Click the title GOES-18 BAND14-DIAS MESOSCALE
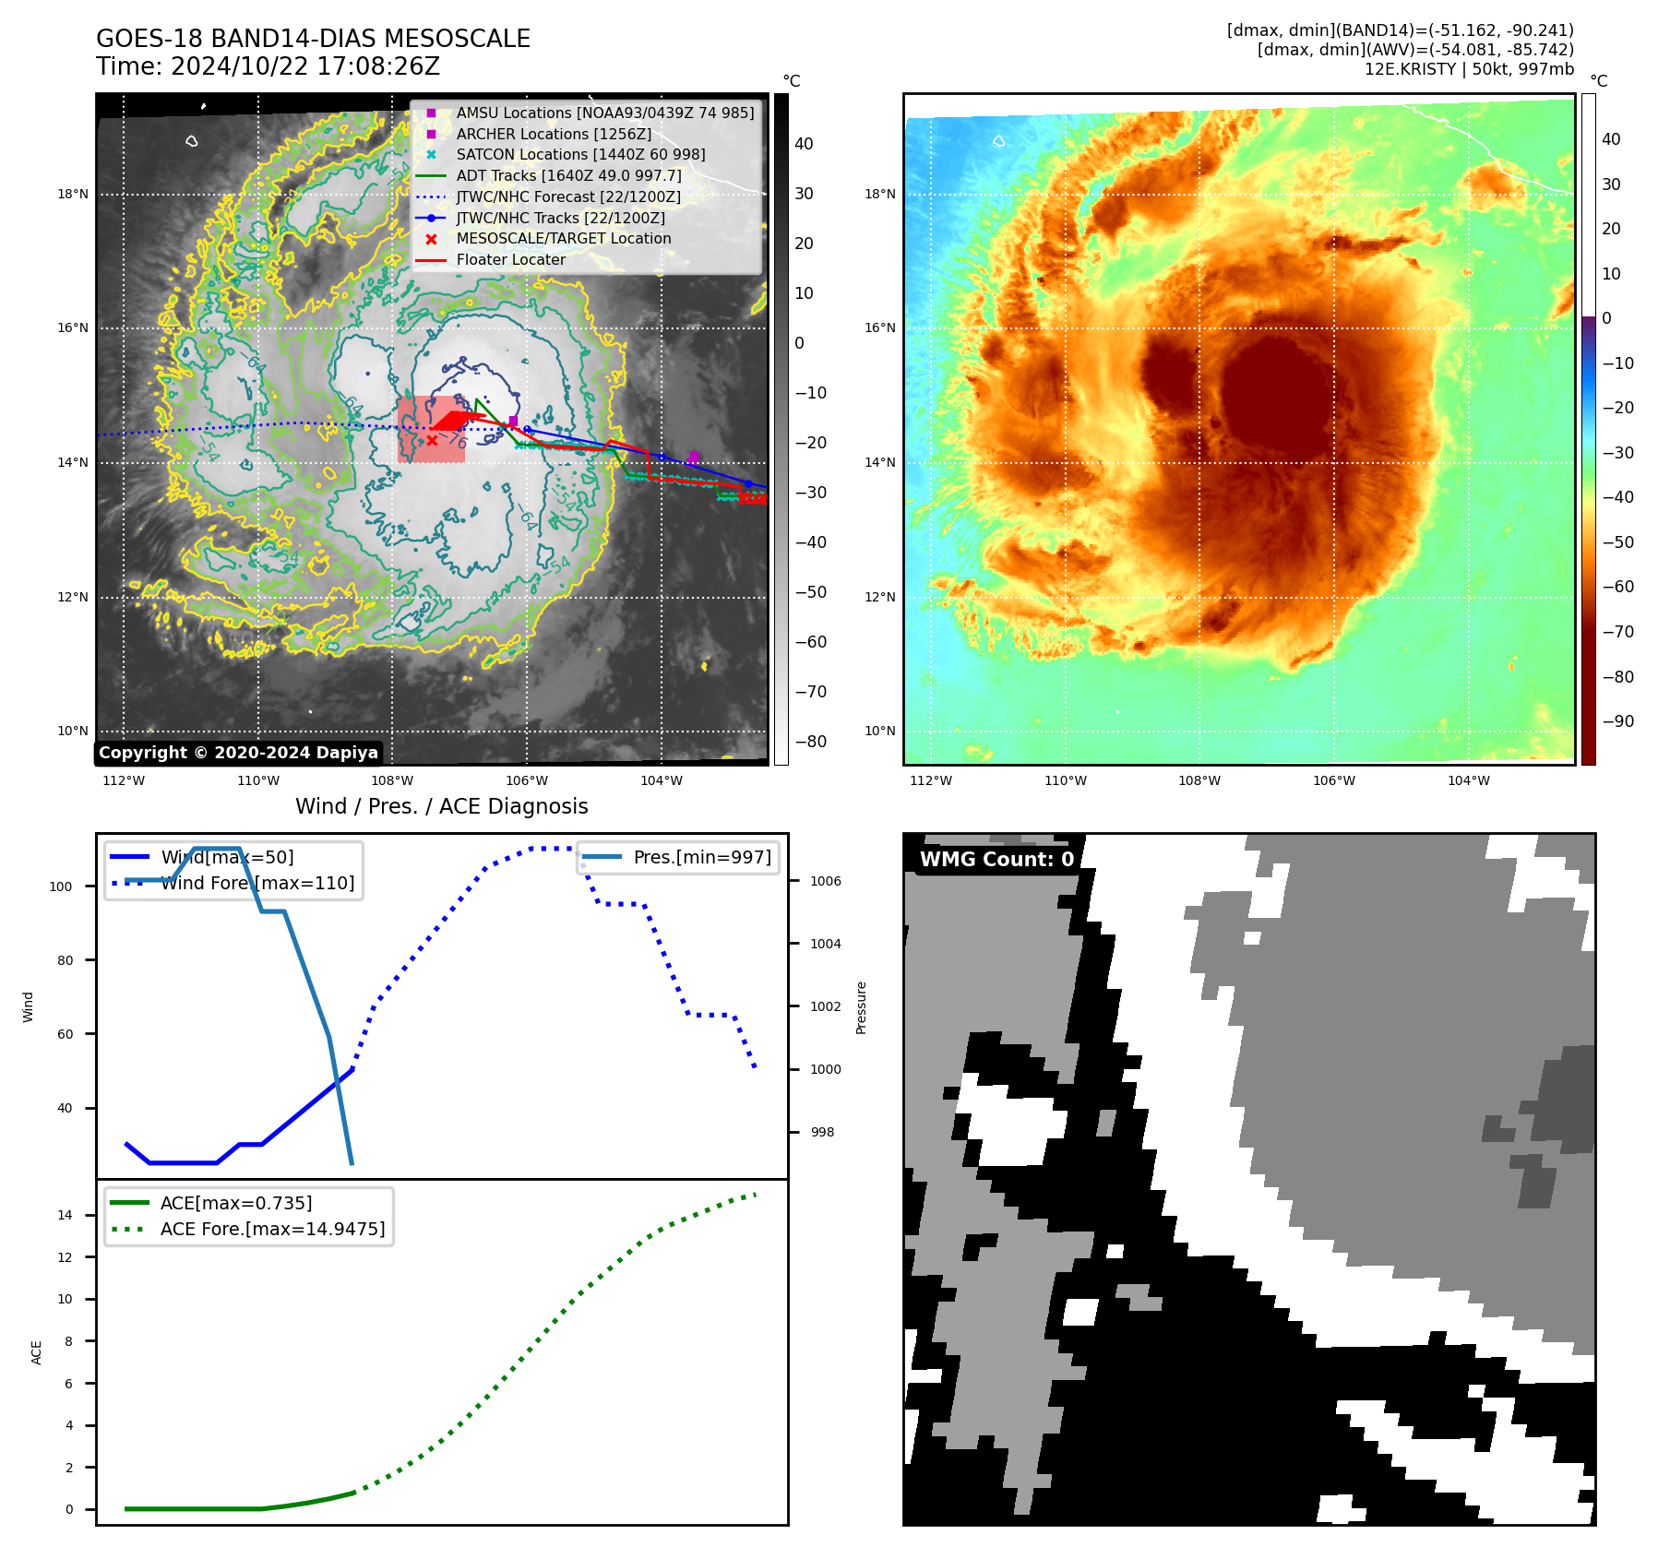[313, 39]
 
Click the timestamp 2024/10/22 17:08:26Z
[305, 66]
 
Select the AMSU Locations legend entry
[604, 113]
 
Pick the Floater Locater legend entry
[510, 259]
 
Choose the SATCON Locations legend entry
[580, 154]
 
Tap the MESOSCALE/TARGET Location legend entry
[563, 238]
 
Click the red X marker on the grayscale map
[432, 441]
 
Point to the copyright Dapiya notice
[238, 753]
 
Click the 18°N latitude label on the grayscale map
[73, 195]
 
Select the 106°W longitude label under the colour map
[1334, 780]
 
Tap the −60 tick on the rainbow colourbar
[1617, 587]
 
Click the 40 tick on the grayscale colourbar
[804, 144]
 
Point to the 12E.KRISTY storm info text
[1469, 69]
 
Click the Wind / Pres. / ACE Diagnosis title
[441, 806]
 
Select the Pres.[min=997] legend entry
[701, 857]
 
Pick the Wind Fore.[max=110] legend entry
[256, 883]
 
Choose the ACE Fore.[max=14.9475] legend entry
[272, 1229]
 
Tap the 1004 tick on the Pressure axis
[825, 944]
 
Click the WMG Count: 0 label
[996, 859]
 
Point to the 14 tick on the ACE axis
[66, 1215]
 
